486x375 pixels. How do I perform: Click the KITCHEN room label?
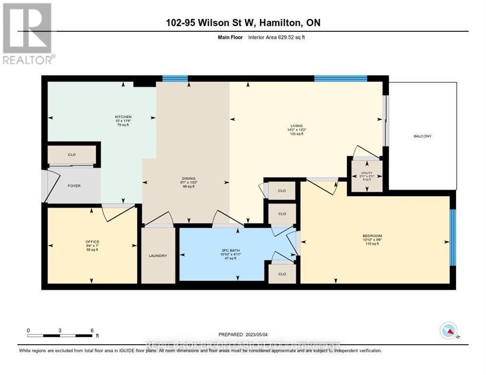(123, 117)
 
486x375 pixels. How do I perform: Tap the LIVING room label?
(296, 125)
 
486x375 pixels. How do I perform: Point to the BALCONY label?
(422, 136)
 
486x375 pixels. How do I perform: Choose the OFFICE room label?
(92, 241)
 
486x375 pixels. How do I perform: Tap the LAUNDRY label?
(158, 255)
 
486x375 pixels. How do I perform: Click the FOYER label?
(74, 186)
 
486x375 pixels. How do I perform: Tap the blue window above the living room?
(340, 78)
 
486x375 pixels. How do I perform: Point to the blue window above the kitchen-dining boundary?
(175, 78)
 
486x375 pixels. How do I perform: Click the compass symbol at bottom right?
(448, 331)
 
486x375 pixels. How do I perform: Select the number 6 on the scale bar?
(91, 330)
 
